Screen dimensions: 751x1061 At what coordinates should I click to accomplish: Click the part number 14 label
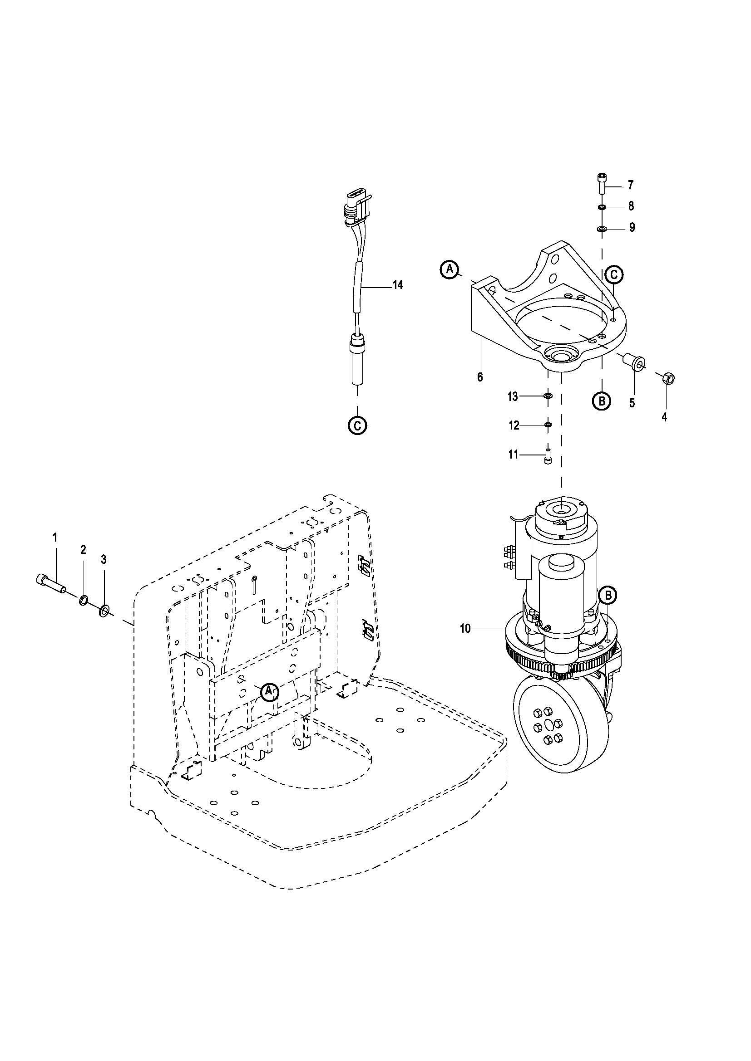(398, 285)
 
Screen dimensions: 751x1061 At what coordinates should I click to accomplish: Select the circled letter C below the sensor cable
(357, 425)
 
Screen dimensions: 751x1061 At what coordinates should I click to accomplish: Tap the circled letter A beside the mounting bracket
(449, 269)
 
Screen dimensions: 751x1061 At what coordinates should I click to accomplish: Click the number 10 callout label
(465, 628)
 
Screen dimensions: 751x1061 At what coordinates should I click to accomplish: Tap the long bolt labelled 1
(50, 585)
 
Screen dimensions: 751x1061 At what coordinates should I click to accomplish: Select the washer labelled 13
(548, 396)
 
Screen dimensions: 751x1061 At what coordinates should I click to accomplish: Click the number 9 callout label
(632, 228)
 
